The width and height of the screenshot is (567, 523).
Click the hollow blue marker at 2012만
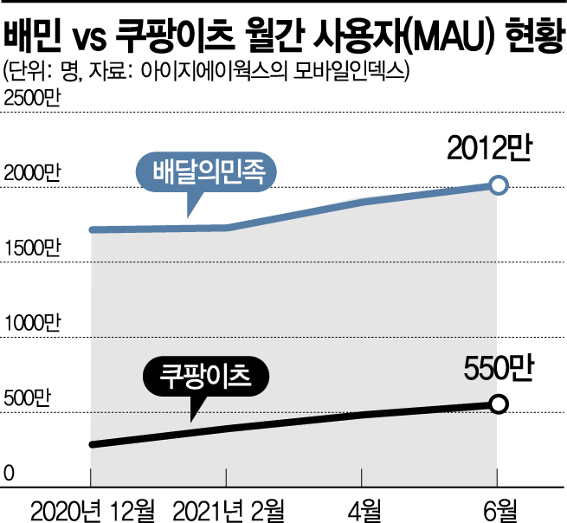498,184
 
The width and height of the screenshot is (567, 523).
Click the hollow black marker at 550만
498,404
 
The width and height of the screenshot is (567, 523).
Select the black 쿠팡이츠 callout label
205,378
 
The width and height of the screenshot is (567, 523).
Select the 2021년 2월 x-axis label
227,506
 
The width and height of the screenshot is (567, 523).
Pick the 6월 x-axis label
497,506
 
